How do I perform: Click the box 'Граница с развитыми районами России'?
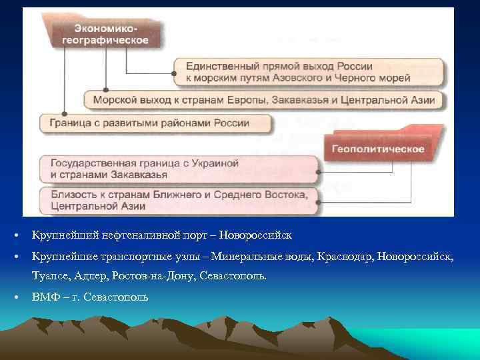pyautogui.click(x=155, y=123)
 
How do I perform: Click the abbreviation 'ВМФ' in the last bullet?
pyautogui.click(x=44, y=296)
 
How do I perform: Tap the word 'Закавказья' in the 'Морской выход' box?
pyautogui.click(x=327, y=101)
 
